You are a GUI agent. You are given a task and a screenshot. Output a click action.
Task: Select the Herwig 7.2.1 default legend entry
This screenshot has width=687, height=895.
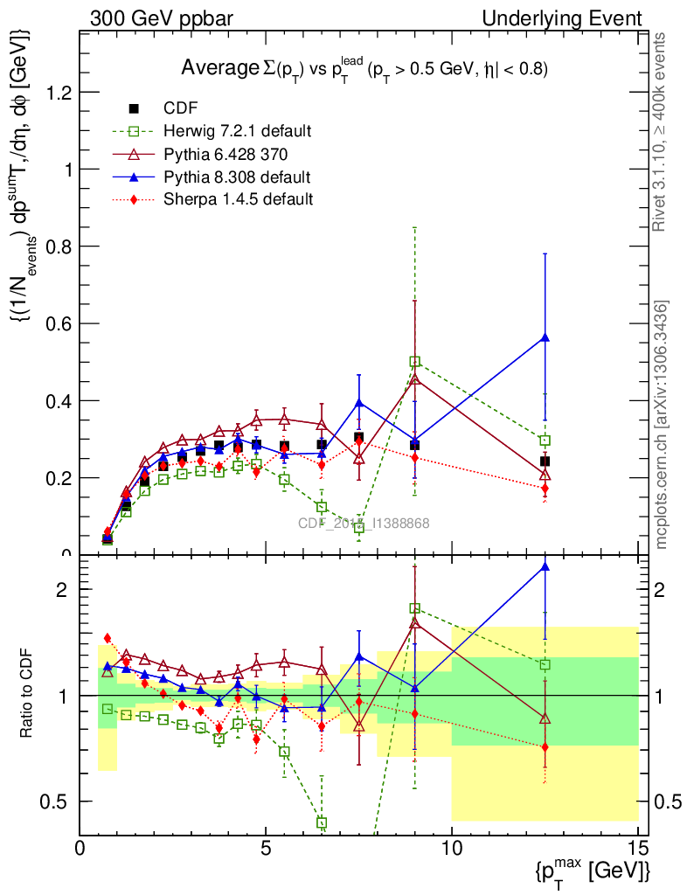(237, 131)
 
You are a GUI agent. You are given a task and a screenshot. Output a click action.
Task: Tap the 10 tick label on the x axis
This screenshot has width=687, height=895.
(452, 849)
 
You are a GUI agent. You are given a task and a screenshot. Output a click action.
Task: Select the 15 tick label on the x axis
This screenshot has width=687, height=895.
(638, 849)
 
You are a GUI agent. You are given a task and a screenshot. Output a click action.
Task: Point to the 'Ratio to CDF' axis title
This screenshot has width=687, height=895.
(26, 695)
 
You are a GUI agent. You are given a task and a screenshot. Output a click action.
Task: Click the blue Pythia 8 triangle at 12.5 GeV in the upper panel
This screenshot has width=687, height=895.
(545, 336)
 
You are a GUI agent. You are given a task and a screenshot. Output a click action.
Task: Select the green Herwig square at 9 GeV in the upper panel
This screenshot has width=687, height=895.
(415, 361)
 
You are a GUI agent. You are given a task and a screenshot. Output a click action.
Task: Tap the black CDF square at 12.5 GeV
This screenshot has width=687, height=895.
(545, 461)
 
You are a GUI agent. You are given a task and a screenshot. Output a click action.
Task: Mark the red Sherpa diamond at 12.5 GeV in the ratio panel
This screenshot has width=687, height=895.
(545, 747)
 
